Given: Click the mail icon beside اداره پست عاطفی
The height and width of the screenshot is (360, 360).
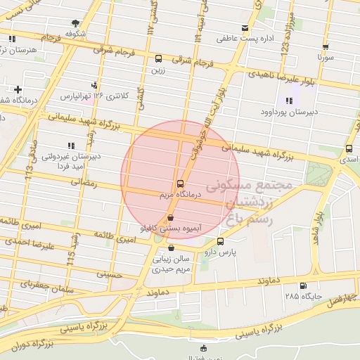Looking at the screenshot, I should click(245, 28).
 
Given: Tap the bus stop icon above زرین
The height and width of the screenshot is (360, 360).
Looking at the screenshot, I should click(158, 60).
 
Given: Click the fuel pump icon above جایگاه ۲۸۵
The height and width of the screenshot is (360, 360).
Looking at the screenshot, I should click(303, 285).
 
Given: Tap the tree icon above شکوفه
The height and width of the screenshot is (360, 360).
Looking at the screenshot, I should click(75, 23).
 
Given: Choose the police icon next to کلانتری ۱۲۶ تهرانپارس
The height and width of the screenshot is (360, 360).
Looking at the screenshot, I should click(95, 84).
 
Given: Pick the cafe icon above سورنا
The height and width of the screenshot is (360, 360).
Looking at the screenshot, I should click(325, 44).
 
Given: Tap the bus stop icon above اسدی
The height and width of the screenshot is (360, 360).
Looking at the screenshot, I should click(349, 148).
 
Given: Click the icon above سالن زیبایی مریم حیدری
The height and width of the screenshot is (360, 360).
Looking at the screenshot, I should click(172, 247).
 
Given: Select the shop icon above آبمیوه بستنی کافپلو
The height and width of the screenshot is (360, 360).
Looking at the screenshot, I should click(172, 217).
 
